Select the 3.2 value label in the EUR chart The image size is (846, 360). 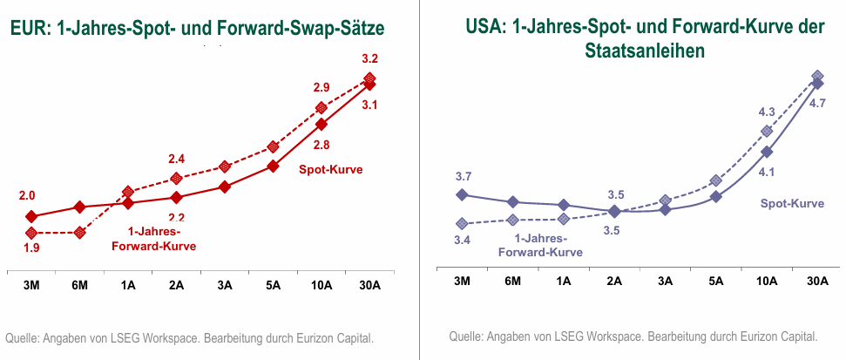coord(369,59)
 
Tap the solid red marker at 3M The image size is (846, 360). coord(31,216)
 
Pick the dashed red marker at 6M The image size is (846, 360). coord(80,233)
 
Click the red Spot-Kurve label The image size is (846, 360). coord(330,169)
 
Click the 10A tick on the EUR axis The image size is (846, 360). coord(321,284)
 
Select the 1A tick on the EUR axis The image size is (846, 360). coord(128,284)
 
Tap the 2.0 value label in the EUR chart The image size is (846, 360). coord(27,196)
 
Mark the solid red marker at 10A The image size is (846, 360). coord(321,124)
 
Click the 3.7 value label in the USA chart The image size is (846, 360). coord(464,176)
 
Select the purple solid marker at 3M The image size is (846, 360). coord(462,194)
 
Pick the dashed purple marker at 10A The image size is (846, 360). coord(767,132)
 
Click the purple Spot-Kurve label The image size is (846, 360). coord(792,203)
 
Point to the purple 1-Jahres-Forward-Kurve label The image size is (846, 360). coord(539,245)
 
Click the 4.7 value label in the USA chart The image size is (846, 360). coord(817,103)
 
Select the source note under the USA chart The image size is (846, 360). coord(633,336)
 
